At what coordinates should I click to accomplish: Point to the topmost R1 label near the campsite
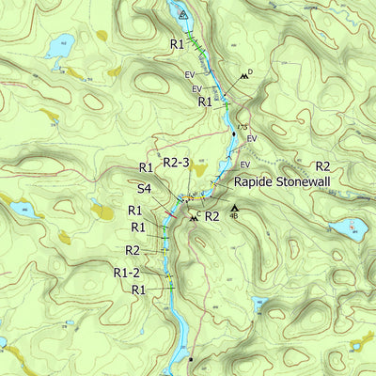point(177,44)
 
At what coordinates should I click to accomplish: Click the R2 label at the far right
point(322,166)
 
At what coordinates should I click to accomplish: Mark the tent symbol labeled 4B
point(234,208)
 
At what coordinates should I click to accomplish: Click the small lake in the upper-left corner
point(61,43)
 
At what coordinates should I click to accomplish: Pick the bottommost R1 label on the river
point(138,290)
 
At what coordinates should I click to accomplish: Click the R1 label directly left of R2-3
point(146,167)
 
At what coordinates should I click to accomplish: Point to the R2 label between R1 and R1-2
point(133,250)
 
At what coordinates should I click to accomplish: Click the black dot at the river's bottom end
point(190,359)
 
